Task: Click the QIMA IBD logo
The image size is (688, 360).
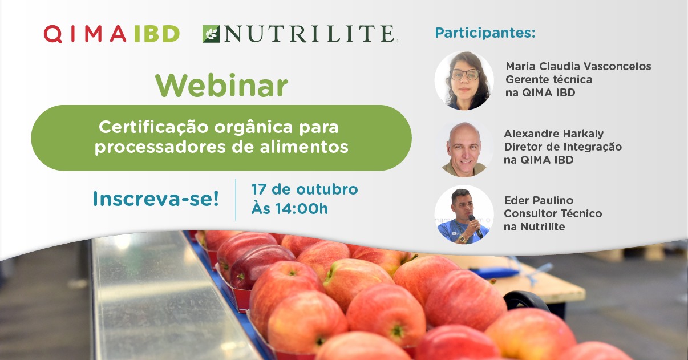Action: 112,34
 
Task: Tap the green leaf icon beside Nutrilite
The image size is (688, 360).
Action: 211,34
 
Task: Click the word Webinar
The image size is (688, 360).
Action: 221,86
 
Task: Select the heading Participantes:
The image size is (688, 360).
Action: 485,33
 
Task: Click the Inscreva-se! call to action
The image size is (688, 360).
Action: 156,199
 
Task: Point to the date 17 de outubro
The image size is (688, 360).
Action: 305,189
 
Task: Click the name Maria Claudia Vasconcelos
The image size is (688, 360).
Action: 578,66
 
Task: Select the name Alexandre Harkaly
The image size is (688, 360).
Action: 554,134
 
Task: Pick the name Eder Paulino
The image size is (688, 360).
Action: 539,200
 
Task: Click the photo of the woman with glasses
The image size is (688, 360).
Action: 464,80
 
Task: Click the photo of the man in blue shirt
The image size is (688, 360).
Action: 464,215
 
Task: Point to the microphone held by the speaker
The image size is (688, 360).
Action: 475,226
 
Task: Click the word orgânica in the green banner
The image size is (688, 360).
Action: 253,127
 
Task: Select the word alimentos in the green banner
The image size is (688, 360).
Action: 304,147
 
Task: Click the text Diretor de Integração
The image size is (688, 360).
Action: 563,147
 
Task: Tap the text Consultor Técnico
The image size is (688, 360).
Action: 553,213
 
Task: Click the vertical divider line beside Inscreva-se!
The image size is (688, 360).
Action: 236,200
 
